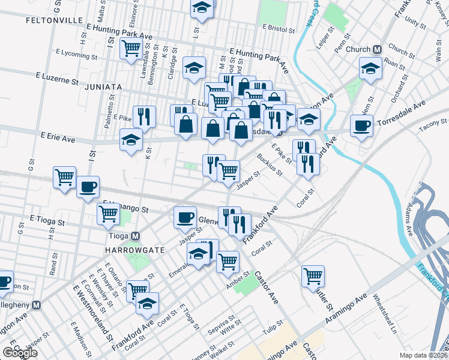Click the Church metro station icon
378,50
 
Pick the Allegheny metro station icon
37,305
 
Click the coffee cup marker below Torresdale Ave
361,126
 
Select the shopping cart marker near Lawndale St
131,49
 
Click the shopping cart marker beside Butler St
313,277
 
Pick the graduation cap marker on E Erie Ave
131,140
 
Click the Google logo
19,353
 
